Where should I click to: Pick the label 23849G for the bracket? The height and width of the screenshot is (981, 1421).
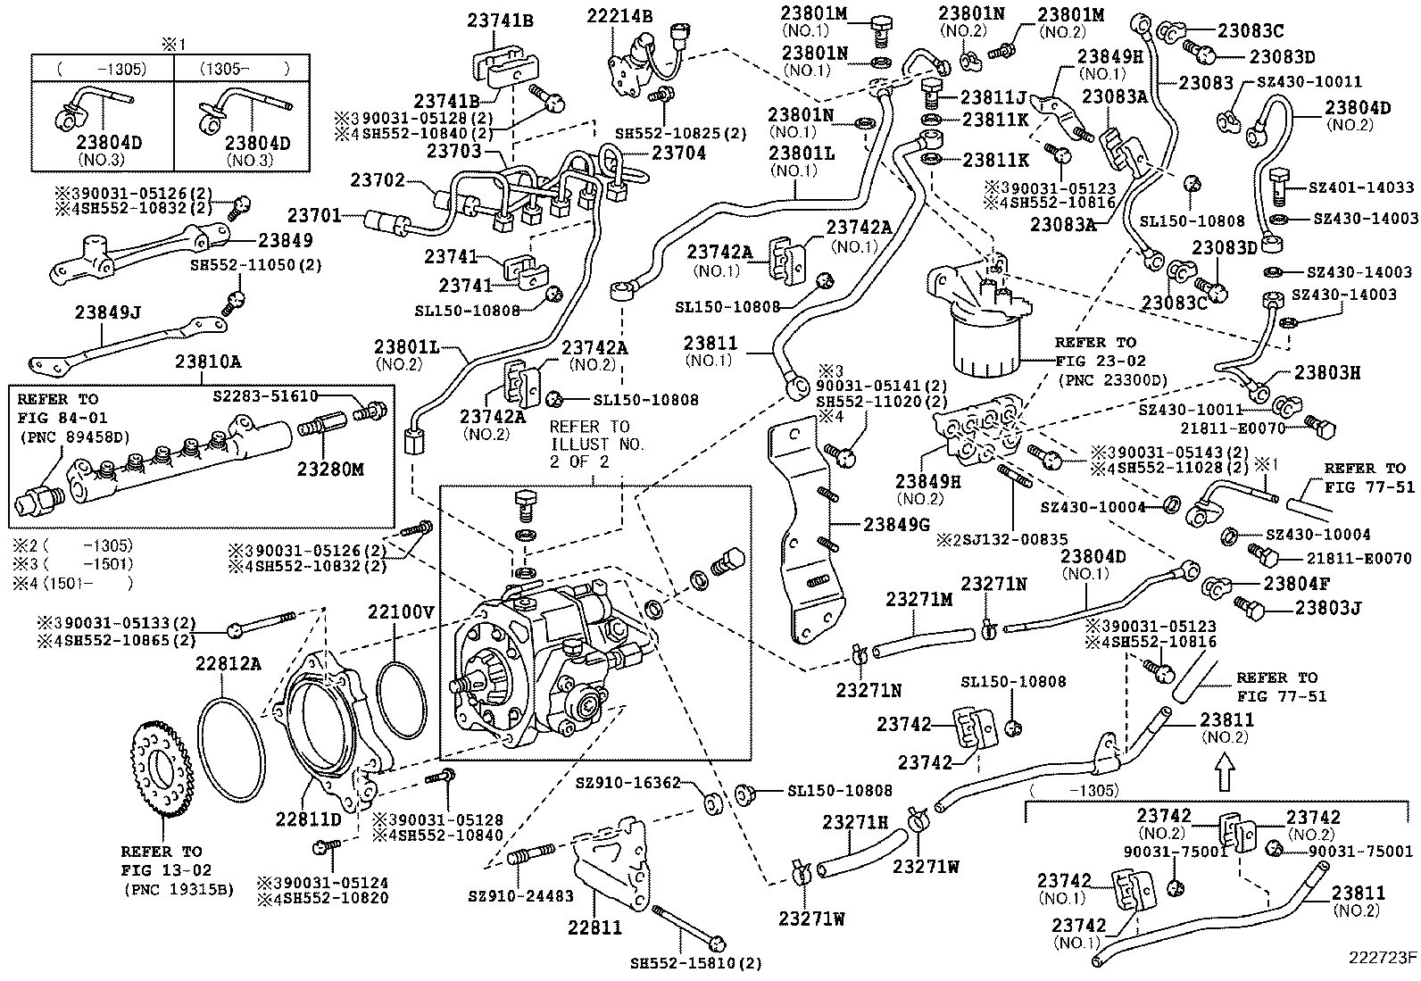tap(897, 524)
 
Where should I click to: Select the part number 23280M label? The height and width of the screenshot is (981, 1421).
tap(330, 470)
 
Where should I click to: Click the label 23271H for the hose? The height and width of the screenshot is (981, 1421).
tap(855, 822)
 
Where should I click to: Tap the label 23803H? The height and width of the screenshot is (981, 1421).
tap(1327, 373)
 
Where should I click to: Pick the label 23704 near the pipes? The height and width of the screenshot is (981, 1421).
tap(678, 153)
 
